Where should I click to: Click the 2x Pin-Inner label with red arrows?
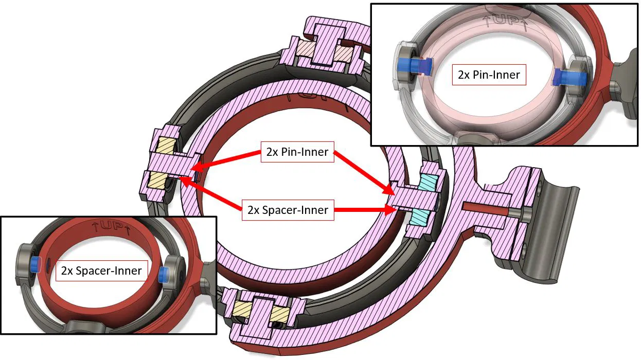[x=297, y=152]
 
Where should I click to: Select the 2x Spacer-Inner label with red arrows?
[x=288, y=210]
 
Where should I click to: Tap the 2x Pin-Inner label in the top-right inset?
[x=489, y=75]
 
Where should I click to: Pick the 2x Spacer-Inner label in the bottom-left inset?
[x=101, y=271]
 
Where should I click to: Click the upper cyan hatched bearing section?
[x=429, y=182]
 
